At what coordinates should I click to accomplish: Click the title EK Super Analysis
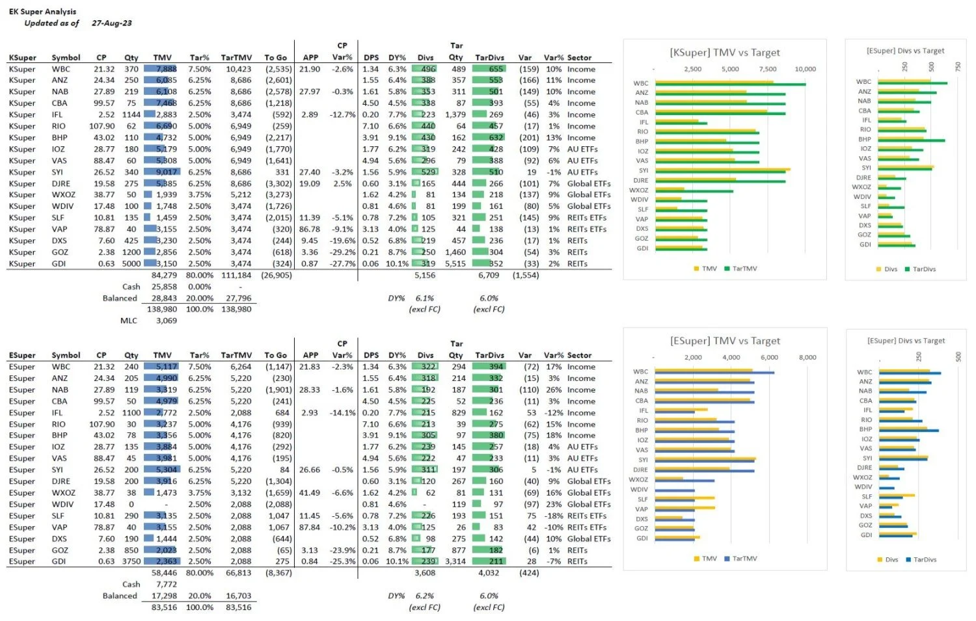[x=42, y=12]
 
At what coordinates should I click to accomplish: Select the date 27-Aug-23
[x=111, y=23]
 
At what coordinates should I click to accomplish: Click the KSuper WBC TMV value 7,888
[x=166, y=69]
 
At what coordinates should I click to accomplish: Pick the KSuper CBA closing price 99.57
[x=104, y=103]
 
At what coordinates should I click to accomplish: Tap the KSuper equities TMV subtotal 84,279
[x=164, y=276]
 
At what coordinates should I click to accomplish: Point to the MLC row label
[x=129, y=321]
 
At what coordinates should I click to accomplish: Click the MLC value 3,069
[x=166, y=321]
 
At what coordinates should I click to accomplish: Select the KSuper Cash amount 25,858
[x=164, y=287]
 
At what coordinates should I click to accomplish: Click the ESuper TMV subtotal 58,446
[x=164, y=573]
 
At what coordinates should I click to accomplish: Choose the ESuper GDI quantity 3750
[x=131, y=562]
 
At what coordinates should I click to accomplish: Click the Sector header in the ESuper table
[x=579, y=356]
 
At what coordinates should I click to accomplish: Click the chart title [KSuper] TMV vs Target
[x=725, y=53]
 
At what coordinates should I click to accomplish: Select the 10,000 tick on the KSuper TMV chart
[x=805, y=69]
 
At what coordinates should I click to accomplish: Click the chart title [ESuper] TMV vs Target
[x=725, y=341]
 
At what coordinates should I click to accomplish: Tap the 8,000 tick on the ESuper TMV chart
[x=807, y=358]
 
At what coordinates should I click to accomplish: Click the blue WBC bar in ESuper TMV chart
[x=714, y=373]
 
